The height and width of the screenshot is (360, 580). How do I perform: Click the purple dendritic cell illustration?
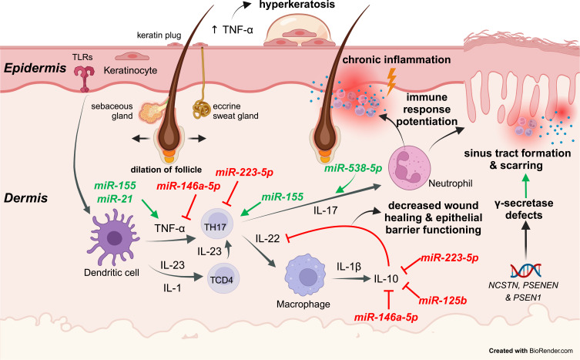coord(114,237)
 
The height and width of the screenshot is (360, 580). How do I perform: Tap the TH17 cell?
coord(216,227)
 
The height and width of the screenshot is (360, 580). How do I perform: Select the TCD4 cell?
coord(223,278)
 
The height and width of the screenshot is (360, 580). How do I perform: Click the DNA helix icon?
coord(526,271)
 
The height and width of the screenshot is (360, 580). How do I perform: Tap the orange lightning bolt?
coord(391,81)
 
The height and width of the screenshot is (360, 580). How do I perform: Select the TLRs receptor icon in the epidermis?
coord(84,78)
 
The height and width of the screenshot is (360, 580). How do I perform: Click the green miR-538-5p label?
coord(353,169)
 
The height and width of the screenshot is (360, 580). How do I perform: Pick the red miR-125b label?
coord(442,301)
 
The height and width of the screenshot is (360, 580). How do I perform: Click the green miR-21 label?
coord(115,199)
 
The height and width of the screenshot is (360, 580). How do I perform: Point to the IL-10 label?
coord(386,278)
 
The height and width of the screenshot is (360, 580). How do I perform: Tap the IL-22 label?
coord(268,238)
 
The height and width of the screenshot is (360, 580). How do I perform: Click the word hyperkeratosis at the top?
coord(297,5)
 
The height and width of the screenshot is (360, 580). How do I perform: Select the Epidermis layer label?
coord(35,68)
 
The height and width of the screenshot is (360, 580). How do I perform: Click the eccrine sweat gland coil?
coord(201,109)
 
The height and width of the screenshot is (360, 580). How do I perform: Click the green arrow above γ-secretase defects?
coord(525,185)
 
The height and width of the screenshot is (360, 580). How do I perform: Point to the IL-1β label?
coord(348,266)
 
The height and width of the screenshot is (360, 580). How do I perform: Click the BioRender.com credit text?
coord(551,351)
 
